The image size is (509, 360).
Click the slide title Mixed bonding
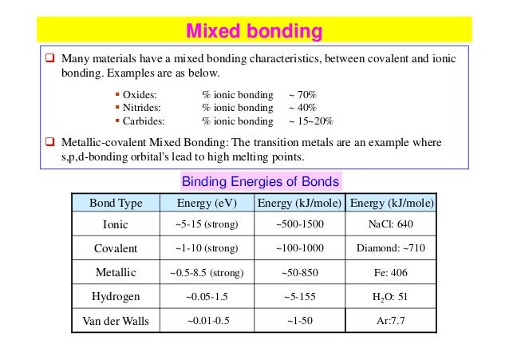click(254, 31)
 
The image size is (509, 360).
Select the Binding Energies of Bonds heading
click(261, 181)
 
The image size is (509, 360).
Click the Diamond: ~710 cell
click(391, 248)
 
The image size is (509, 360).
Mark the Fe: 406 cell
click(391, 272)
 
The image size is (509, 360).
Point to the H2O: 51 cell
click(391, 297)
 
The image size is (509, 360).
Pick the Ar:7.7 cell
click(391, 321)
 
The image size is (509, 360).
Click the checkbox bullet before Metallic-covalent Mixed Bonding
click(49, 142)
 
